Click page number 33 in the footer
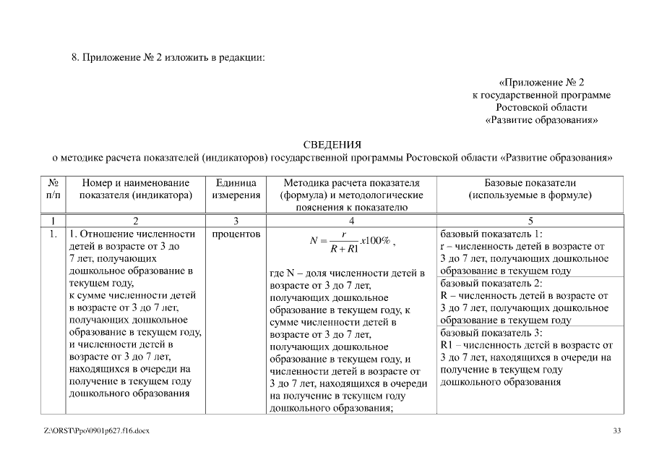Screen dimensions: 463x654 tap(616, 431)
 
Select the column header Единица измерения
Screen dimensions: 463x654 tap(236, 190)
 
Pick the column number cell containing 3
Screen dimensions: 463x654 tap(236, 220)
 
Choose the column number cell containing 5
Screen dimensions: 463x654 tap(530, 220)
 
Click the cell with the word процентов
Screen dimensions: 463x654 tap(236, 234)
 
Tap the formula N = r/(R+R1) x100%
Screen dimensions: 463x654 tap(352, 242)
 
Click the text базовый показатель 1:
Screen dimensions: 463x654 tap(491, 234)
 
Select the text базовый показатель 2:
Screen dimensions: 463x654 tap(491, 284)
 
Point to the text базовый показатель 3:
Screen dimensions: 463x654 tap(491, 333)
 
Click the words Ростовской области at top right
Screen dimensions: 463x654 tap(541, 107)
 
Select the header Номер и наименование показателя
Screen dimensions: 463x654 tap(136, 190)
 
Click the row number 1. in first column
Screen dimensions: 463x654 tap(53, 234)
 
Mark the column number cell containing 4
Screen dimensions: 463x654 tap(351, 220)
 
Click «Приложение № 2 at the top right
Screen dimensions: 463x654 tap(541, 82)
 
